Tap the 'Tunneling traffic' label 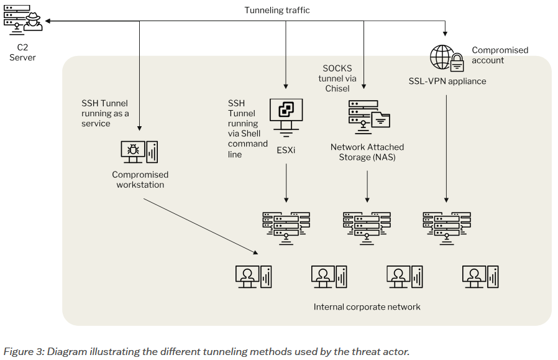(277, 10)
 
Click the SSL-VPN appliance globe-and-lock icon (447, 58)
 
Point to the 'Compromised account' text (500, 55)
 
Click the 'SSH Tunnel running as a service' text (106, 113)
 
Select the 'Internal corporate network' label (367, 307)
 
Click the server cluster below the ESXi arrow (286, 227)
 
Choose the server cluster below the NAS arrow (367, 227)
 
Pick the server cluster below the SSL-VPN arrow (446, 227)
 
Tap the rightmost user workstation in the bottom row (480, 276)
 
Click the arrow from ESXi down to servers (286, 183)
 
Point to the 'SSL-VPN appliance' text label (447, 81)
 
